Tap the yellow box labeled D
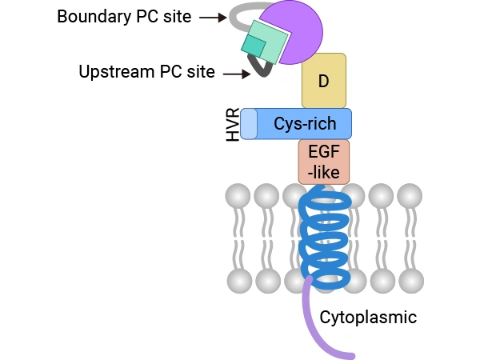[324, 80]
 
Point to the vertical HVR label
[233, 125]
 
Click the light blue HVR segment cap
[249, 124]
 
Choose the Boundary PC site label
[124, 16]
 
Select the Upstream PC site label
[146, 72]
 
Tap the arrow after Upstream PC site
[237, 74]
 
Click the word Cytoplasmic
[368, 317]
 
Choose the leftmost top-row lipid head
[238, 195]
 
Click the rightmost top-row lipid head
[410, 195]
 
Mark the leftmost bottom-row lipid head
[238, 280]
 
